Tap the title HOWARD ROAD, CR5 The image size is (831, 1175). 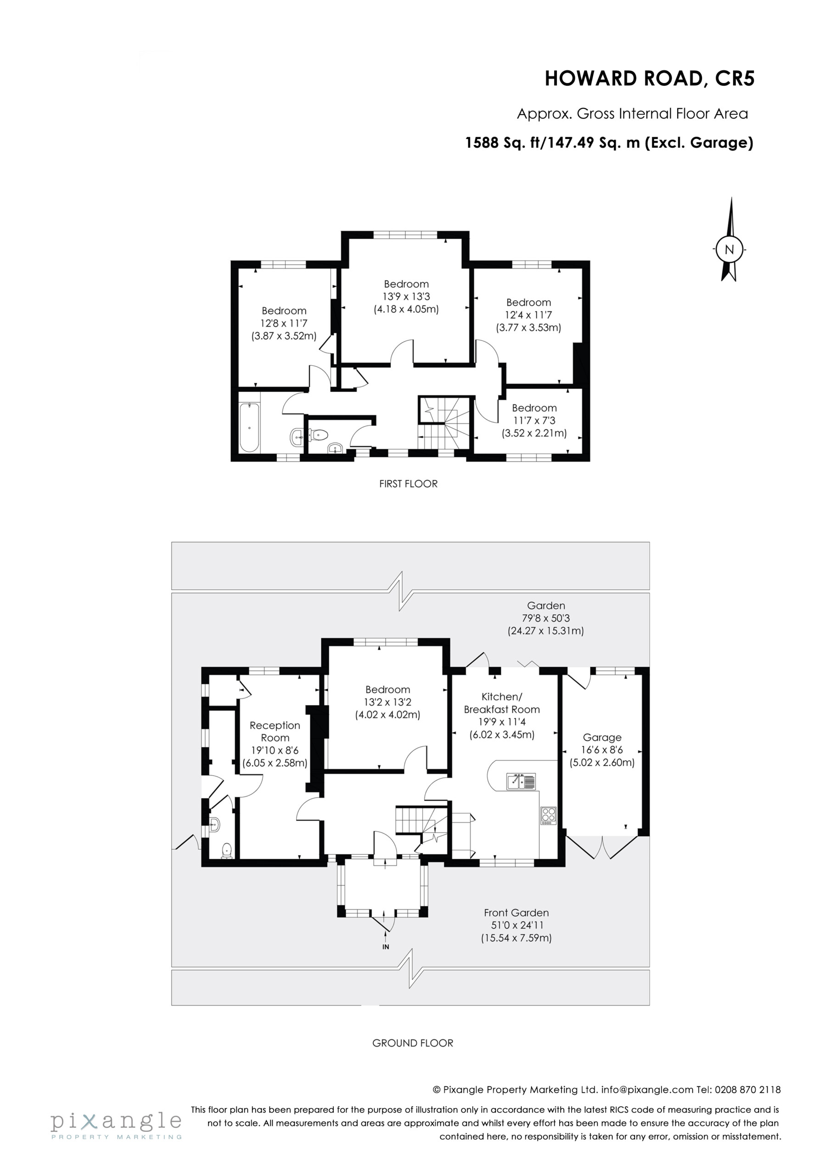(x=649, y=79)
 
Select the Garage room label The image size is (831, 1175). (x=602, y=750)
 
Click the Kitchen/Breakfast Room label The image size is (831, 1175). (x=502, y=716)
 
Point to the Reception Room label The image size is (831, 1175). (x=275, y=744)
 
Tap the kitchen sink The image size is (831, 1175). (x=521, y=782)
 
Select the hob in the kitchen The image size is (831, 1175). (x=548, y=815)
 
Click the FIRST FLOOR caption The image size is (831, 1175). (x=409, y=484)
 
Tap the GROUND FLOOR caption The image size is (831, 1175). (x=413, y=1043)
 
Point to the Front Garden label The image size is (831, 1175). (x=516, y=925)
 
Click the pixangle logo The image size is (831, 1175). (x=116, y=1125)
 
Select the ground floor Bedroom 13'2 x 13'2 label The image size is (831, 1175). (x=387, y=702)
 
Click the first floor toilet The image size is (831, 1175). (x=318, y=435)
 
